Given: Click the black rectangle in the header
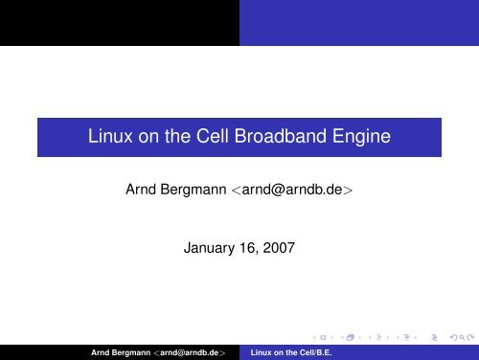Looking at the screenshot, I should point(119,22).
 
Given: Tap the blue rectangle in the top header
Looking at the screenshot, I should point(358,22).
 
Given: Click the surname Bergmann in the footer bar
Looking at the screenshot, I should point(139,352).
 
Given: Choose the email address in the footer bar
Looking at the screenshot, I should point(196,352).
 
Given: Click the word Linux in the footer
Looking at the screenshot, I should point(262,352).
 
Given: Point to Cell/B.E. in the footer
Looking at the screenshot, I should point(310,352).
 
